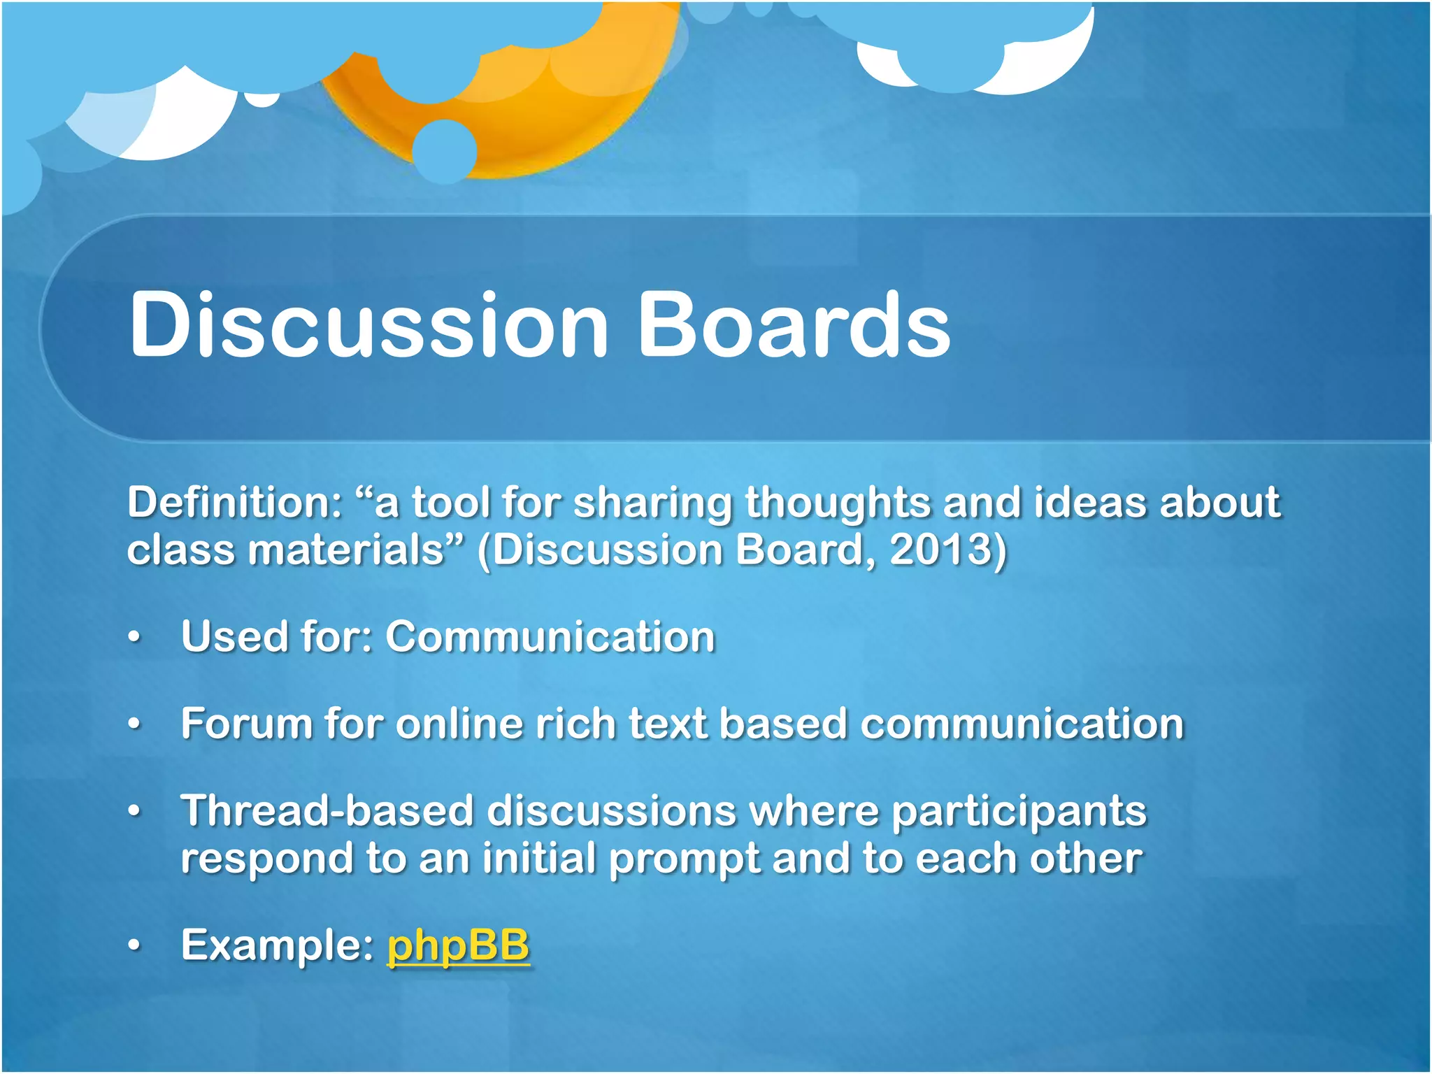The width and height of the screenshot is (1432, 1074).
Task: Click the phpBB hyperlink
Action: (x=458, y=945)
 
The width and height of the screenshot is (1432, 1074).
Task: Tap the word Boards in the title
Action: (x=794, y=325)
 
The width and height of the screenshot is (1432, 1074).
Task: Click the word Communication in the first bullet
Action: (x=550, y=637)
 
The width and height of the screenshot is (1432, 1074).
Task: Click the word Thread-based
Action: (x=327, y=811)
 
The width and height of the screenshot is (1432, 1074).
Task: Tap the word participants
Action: (x=1019, y=812)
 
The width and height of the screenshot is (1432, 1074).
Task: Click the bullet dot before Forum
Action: (x=134, y=724)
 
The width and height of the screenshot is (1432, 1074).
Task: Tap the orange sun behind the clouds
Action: (x=552, y=119)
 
